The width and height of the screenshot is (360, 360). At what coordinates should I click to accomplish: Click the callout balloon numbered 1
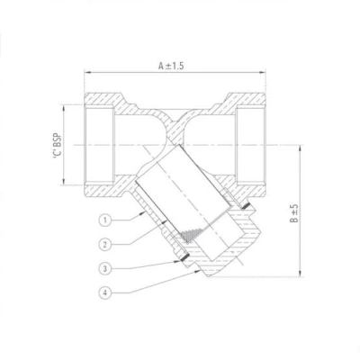coord(104,220)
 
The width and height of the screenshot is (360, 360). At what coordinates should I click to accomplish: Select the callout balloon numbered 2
coord(104,245)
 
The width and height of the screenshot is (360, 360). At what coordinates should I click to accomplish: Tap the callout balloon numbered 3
coord(104,268)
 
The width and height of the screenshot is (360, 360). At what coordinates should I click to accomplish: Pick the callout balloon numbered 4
coord(104,292)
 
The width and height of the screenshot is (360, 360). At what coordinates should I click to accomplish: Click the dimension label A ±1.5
coord(171,66)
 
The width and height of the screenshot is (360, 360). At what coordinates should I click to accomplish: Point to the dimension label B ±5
coord(294,213)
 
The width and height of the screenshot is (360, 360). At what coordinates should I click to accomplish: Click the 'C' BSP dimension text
coord(58,145)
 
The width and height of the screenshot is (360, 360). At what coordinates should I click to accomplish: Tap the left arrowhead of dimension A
coord(87,72)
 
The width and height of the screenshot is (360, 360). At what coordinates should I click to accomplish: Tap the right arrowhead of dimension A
coord(263,72)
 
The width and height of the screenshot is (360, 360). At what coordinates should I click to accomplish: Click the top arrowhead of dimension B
coord(300,148)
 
